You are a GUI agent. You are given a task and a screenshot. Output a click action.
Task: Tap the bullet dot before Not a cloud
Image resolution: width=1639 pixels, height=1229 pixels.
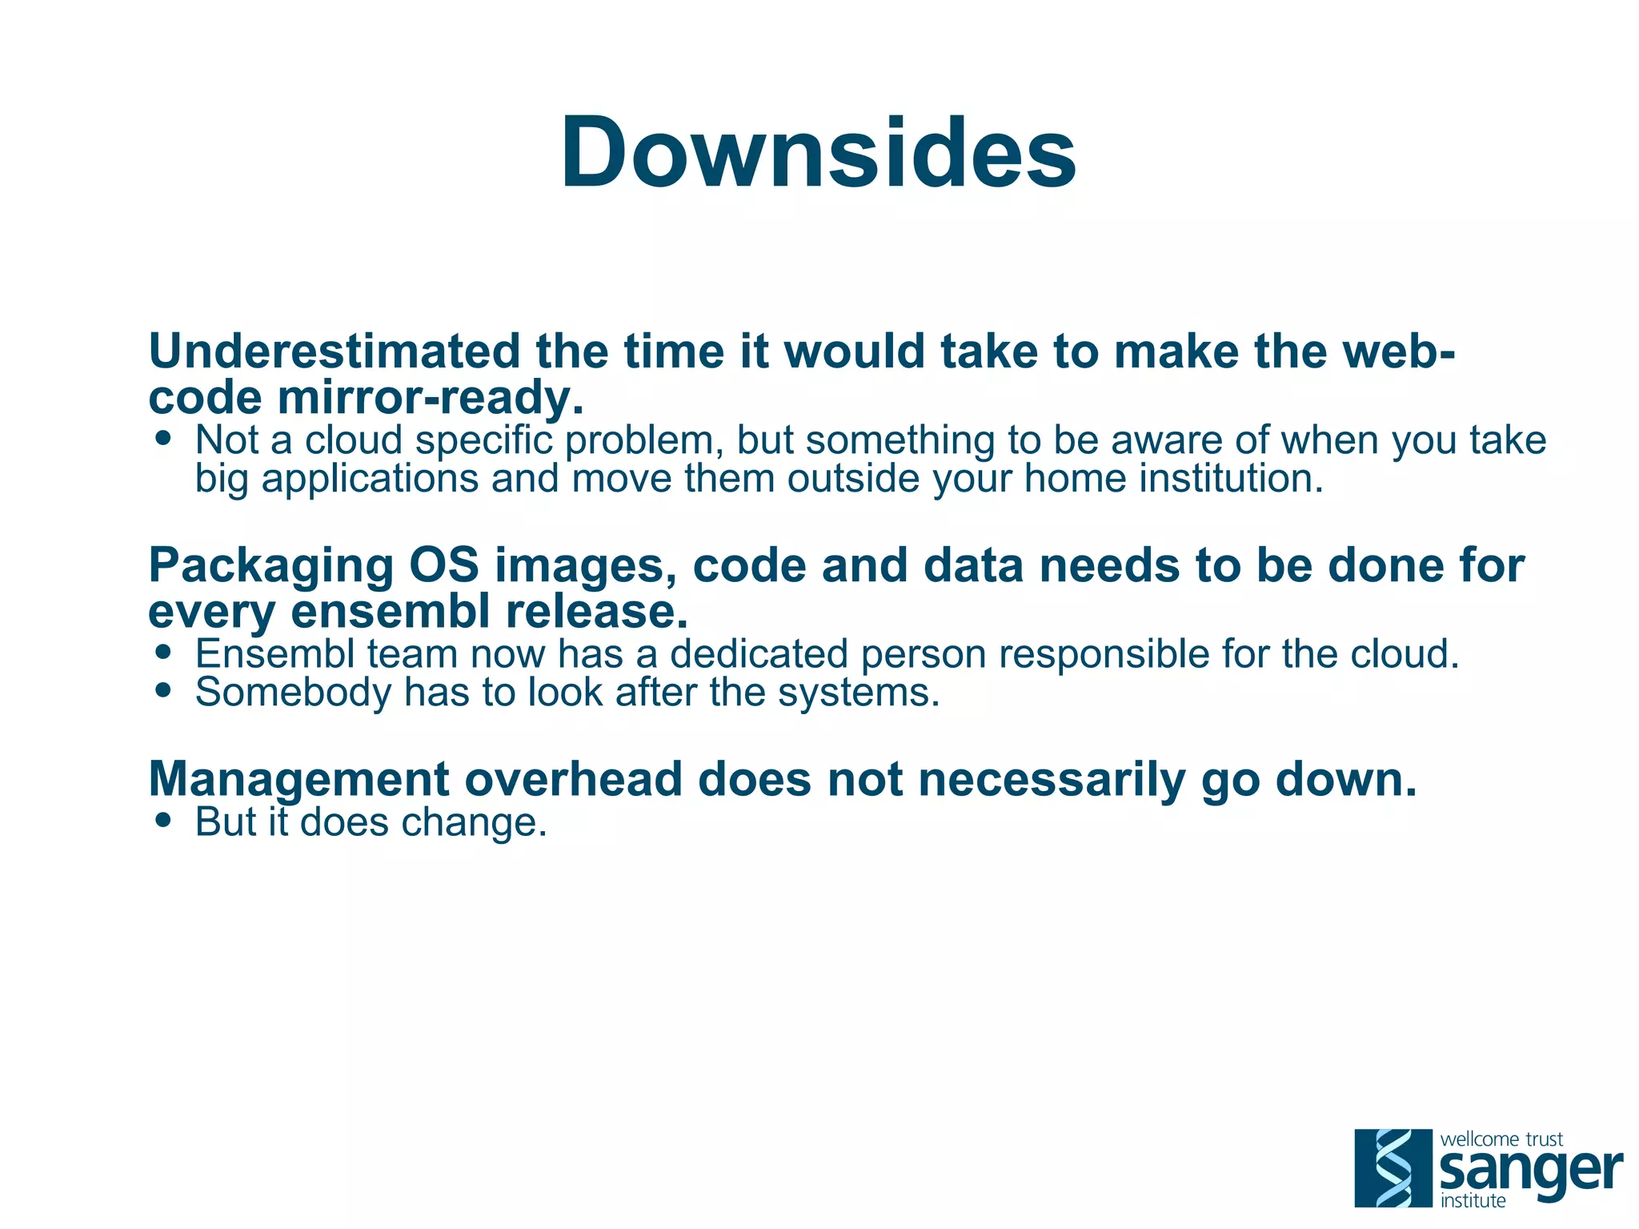click(x=164, y=438)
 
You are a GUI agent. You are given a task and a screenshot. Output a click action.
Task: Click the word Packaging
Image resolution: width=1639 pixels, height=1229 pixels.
click(x=270, y=565)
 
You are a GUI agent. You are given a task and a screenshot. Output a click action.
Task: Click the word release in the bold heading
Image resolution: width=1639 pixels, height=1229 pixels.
click(x=596, y=611)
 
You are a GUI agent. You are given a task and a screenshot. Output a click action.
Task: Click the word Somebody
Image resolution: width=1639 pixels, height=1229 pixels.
click(x=292, y=692)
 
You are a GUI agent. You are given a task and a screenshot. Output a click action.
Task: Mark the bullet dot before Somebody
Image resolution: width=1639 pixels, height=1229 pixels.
click(x=164, y=689)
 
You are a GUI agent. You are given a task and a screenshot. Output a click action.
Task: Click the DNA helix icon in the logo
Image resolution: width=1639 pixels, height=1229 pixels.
click(x=1393, y=1167)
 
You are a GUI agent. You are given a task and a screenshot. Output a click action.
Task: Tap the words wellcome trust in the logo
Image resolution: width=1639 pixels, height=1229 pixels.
click(x=1501, y=1139)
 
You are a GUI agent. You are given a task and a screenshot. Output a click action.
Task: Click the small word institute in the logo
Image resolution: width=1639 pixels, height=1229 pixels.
click(x=1473, y=1201)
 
